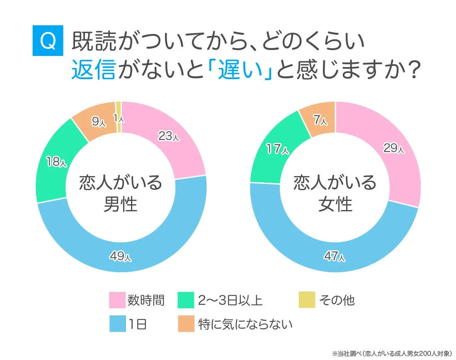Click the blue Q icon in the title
pos(48,41)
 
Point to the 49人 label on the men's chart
pos(120,257)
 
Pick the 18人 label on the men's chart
pos(56,162)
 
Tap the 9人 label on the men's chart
pos(98,122)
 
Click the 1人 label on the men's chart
pos(119,119)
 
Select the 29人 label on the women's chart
pos(393,148)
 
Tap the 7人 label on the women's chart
pos(320,120)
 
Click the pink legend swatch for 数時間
pos(117,300)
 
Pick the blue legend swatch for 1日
pos(117,324)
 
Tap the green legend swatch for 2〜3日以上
pos(186,300)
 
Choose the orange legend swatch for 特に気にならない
pos(186,324)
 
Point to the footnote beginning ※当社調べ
pos(392,353)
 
